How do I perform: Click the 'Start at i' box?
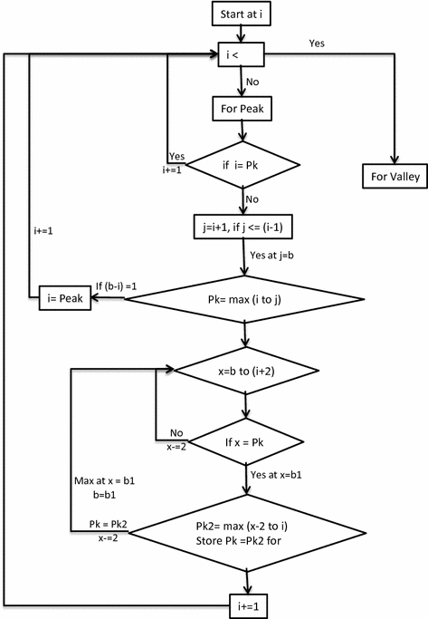pyautogui.click(x=244, y=15)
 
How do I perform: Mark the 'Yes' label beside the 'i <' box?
pyautogui.click(x=317, y=42)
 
